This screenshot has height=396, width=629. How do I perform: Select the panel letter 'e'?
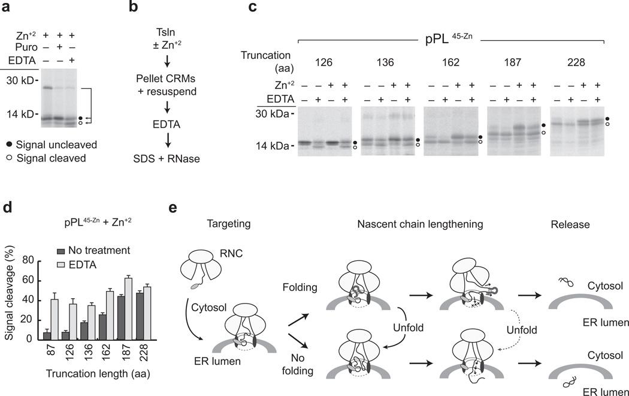(x=173, y=209)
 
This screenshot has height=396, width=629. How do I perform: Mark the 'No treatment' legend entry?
(x=98, y=250)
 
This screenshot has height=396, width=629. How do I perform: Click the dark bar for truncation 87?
(x=47, y=334)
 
